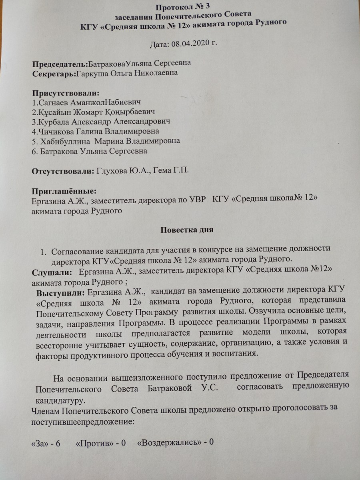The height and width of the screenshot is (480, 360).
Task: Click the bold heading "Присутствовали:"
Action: tap(65, 93)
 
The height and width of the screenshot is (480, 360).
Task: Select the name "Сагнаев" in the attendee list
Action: tap(52, 102)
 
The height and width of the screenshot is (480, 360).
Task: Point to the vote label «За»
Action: tap(39, 443)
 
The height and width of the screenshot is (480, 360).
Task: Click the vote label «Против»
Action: tap(92, 443)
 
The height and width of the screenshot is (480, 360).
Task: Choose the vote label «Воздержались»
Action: tap(168, 443)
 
